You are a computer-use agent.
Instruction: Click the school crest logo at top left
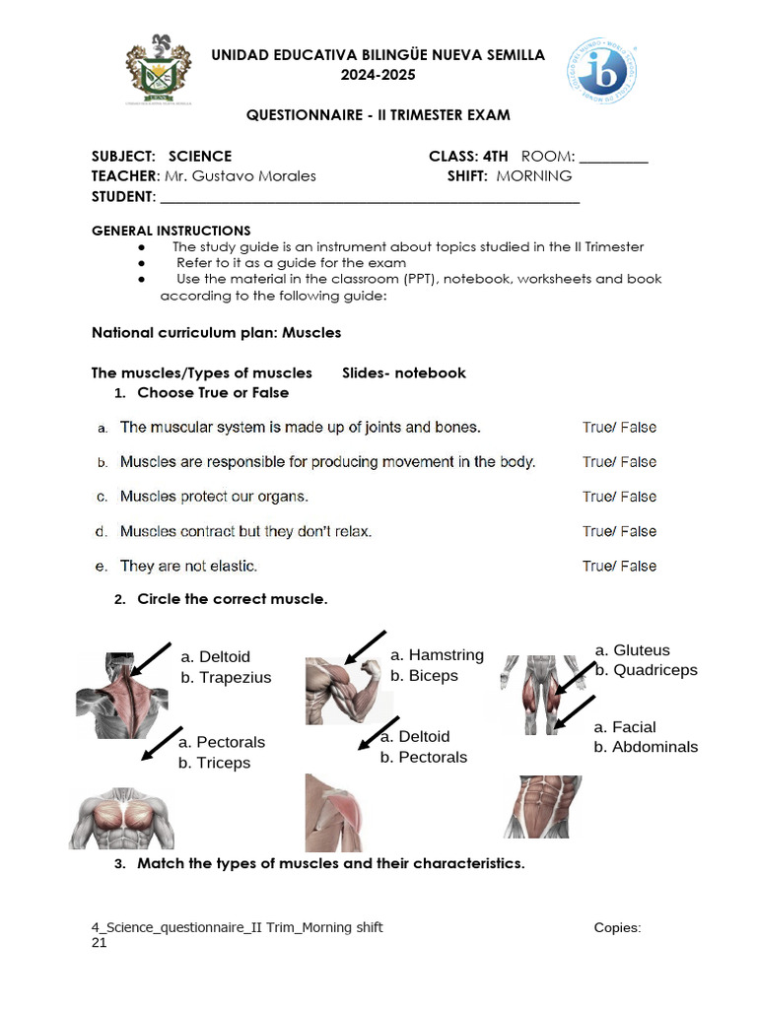tap(159, 71)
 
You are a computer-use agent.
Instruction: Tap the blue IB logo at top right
tap(600, 72)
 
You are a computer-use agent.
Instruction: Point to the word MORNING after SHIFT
tap(533, 176)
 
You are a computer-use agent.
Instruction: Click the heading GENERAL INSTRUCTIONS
tap(172, 231)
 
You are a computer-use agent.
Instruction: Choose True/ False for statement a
tap(619, 428)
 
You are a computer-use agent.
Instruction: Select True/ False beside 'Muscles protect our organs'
tap(619, 497)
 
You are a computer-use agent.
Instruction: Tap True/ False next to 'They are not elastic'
tap(619, 566)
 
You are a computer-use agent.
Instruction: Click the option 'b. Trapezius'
tap(226, 678)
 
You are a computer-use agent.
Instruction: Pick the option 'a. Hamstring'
tap(437, 655)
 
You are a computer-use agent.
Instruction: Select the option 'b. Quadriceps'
tap(646, 670)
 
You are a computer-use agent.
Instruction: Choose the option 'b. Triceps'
tap(214, 763)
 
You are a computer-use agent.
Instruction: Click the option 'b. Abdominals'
tap(646, 747)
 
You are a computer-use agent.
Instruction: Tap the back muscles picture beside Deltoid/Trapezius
tap(122, 696)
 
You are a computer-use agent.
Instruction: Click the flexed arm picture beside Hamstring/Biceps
tap(341, 690)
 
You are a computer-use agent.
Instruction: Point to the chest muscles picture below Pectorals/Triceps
tap(120, 818)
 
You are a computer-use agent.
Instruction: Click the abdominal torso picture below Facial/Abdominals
tap(543, 806)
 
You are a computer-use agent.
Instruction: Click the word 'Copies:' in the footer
tap(618, 927)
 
